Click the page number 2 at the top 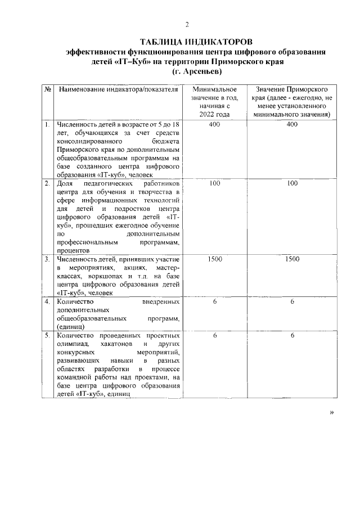coord(187,24)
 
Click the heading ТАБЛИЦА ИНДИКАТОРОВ coord(196,42)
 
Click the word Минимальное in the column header coord(214,90)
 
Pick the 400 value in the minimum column coord(214,124)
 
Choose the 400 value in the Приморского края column coord(291,124)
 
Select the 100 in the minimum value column coord(214,183)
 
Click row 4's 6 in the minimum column coord(214,302)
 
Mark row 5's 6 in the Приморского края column coord(291,335)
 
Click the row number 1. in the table coord(48,124)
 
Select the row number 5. coord(48,335)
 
